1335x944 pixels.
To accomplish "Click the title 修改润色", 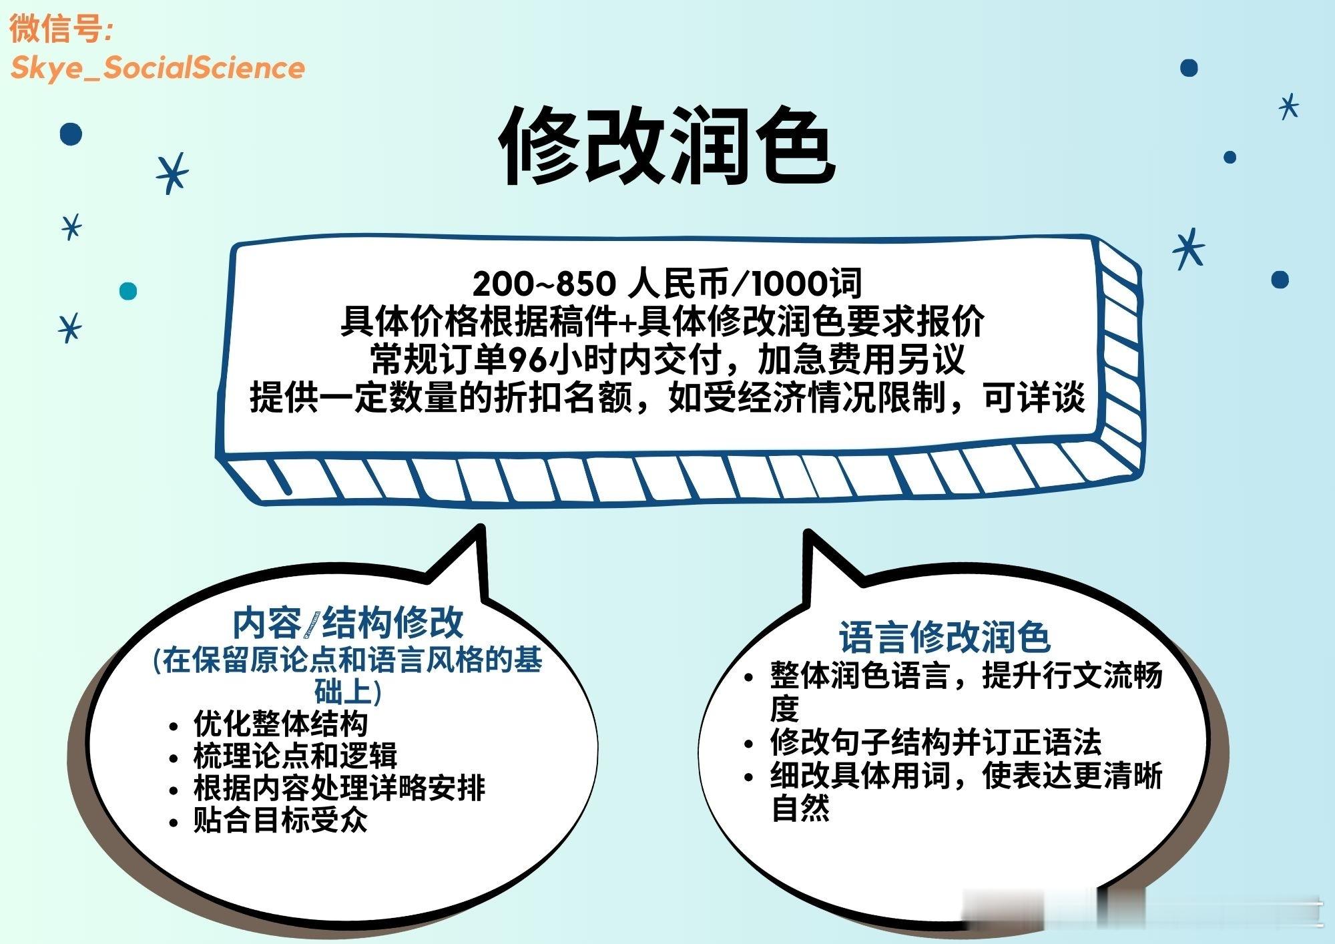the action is coord(667,146).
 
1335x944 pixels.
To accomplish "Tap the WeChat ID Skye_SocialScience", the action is coord(158,67).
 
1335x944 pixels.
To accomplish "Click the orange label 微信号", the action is coord(61,29).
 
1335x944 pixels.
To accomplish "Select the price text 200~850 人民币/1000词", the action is coord(667,283).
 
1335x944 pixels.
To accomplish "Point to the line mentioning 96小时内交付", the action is coord(667,360).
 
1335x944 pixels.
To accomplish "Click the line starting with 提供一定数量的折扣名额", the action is coord(667,398).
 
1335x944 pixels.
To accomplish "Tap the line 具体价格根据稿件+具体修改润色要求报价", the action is coord(661,322).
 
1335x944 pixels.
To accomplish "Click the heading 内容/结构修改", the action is coord(347,623).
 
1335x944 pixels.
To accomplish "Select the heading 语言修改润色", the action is coord(945,637).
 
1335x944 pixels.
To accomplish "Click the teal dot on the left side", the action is coord(128,291).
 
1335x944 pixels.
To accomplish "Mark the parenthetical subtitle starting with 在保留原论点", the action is coord(347,676).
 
